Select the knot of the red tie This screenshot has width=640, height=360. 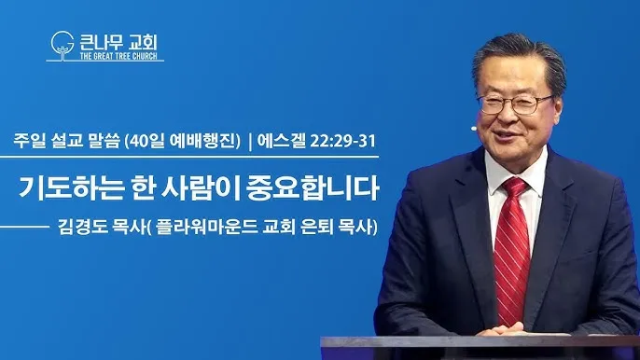514,187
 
